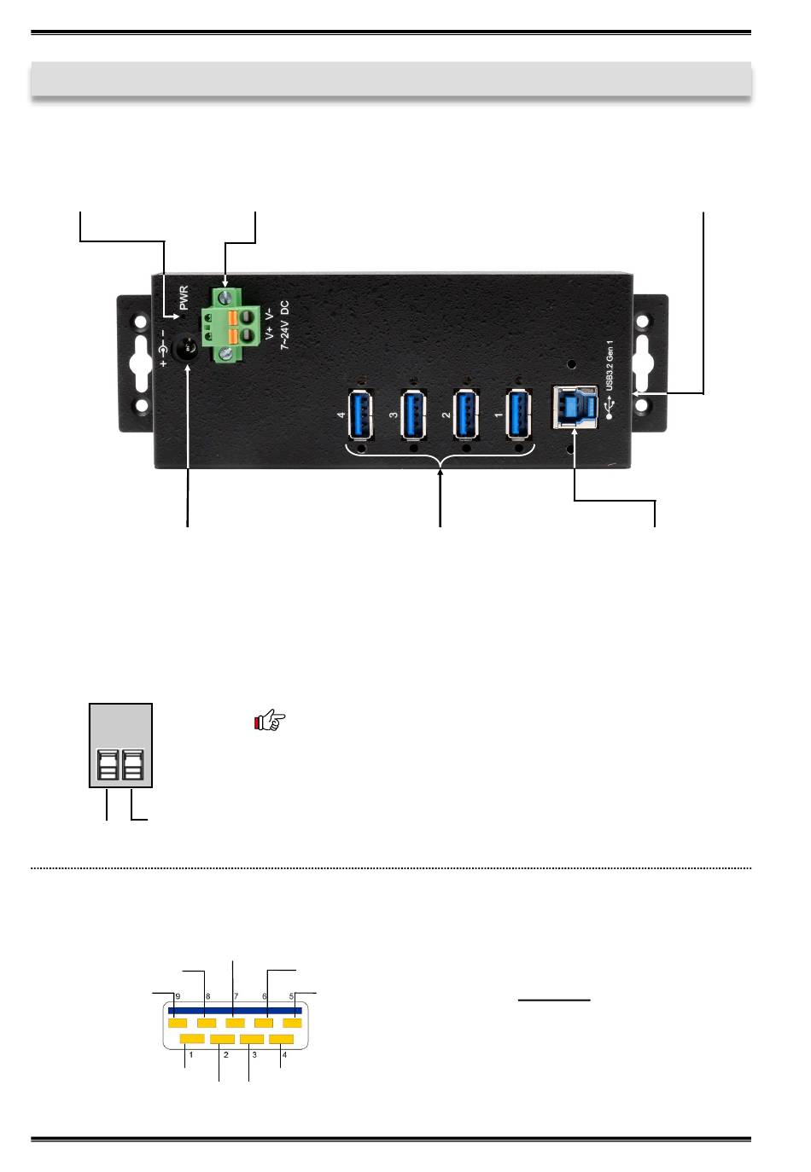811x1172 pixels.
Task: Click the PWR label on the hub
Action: (x=184, y=297)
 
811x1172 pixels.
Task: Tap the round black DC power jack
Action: (x=184, y=347)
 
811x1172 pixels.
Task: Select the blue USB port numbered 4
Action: (x=361, y=415)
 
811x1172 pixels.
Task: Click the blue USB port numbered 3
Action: (x=413, y=415)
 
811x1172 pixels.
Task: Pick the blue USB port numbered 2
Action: (x=466, y=415)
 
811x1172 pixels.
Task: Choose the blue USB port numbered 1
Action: (x=518, y=415)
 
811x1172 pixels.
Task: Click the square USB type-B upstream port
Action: (x=575, y=408)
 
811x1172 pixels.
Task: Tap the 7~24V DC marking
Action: (x=284, y=325)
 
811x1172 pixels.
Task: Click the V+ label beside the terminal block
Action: (x=270, y=333)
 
